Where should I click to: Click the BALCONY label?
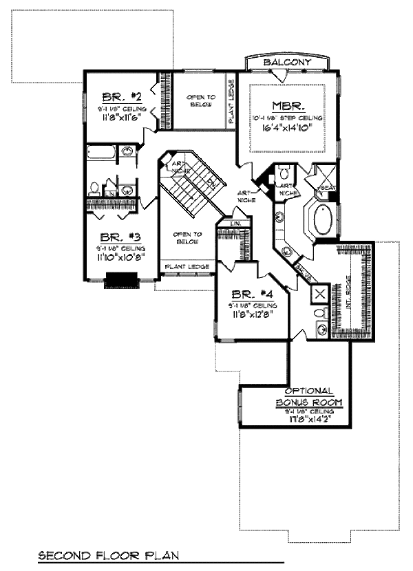288,63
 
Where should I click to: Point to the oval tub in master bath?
321,222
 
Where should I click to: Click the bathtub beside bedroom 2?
101,153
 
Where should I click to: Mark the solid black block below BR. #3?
121,279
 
